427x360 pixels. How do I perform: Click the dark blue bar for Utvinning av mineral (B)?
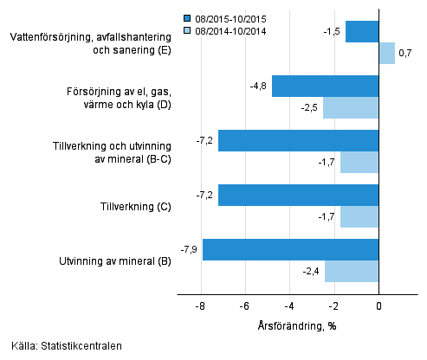coord(290,249)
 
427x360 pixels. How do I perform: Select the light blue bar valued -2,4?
coord(352,271)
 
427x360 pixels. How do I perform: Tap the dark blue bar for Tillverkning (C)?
coord(298,195)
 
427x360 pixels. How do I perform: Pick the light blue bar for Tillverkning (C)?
coord(359,216)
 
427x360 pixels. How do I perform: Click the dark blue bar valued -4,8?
coord(325,86)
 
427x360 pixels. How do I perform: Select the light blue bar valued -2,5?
coord(351,107)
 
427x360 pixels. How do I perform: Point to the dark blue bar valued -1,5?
coord(362,32)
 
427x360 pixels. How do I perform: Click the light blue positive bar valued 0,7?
coord(386,54)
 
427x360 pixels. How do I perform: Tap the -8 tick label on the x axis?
coord(200,306)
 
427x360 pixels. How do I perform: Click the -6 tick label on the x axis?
coord(245,306)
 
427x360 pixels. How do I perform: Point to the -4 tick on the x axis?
coord(289,306)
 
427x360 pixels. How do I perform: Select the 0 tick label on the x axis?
coord(378,306)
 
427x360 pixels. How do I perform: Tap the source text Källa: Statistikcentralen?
coord(62,346)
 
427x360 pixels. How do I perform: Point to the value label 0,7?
coord(405,54)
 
